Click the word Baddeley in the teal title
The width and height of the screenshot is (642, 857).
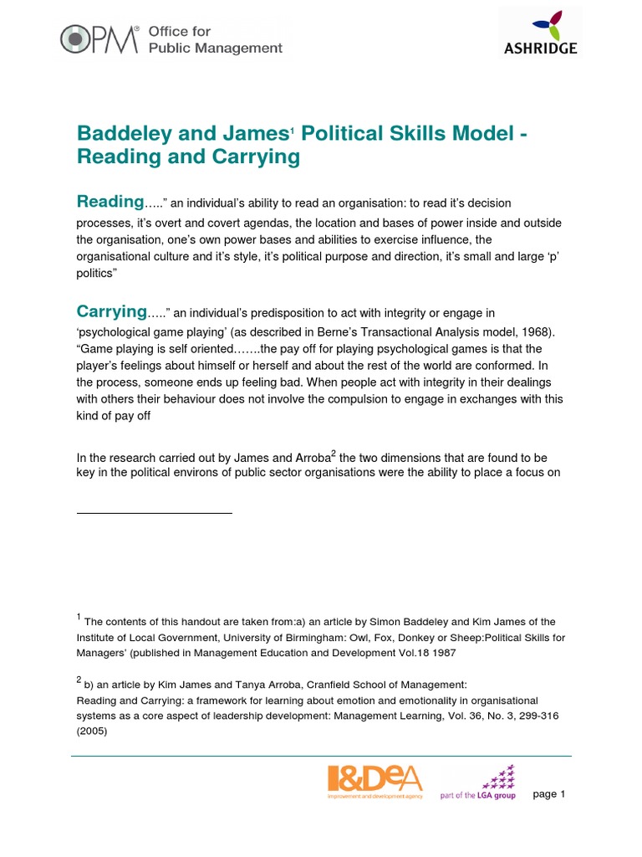[x=120, y=134]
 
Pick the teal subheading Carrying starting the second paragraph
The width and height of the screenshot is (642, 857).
[x=112, y=311]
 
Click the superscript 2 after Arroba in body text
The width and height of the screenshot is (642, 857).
[x=334, y=453]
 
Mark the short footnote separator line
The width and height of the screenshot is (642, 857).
[x=154, y=512]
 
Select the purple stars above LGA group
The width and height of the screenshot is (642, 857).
[x=500, y=777]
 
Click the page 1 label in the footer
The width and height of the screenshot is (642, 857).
[x=549, y=794]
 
